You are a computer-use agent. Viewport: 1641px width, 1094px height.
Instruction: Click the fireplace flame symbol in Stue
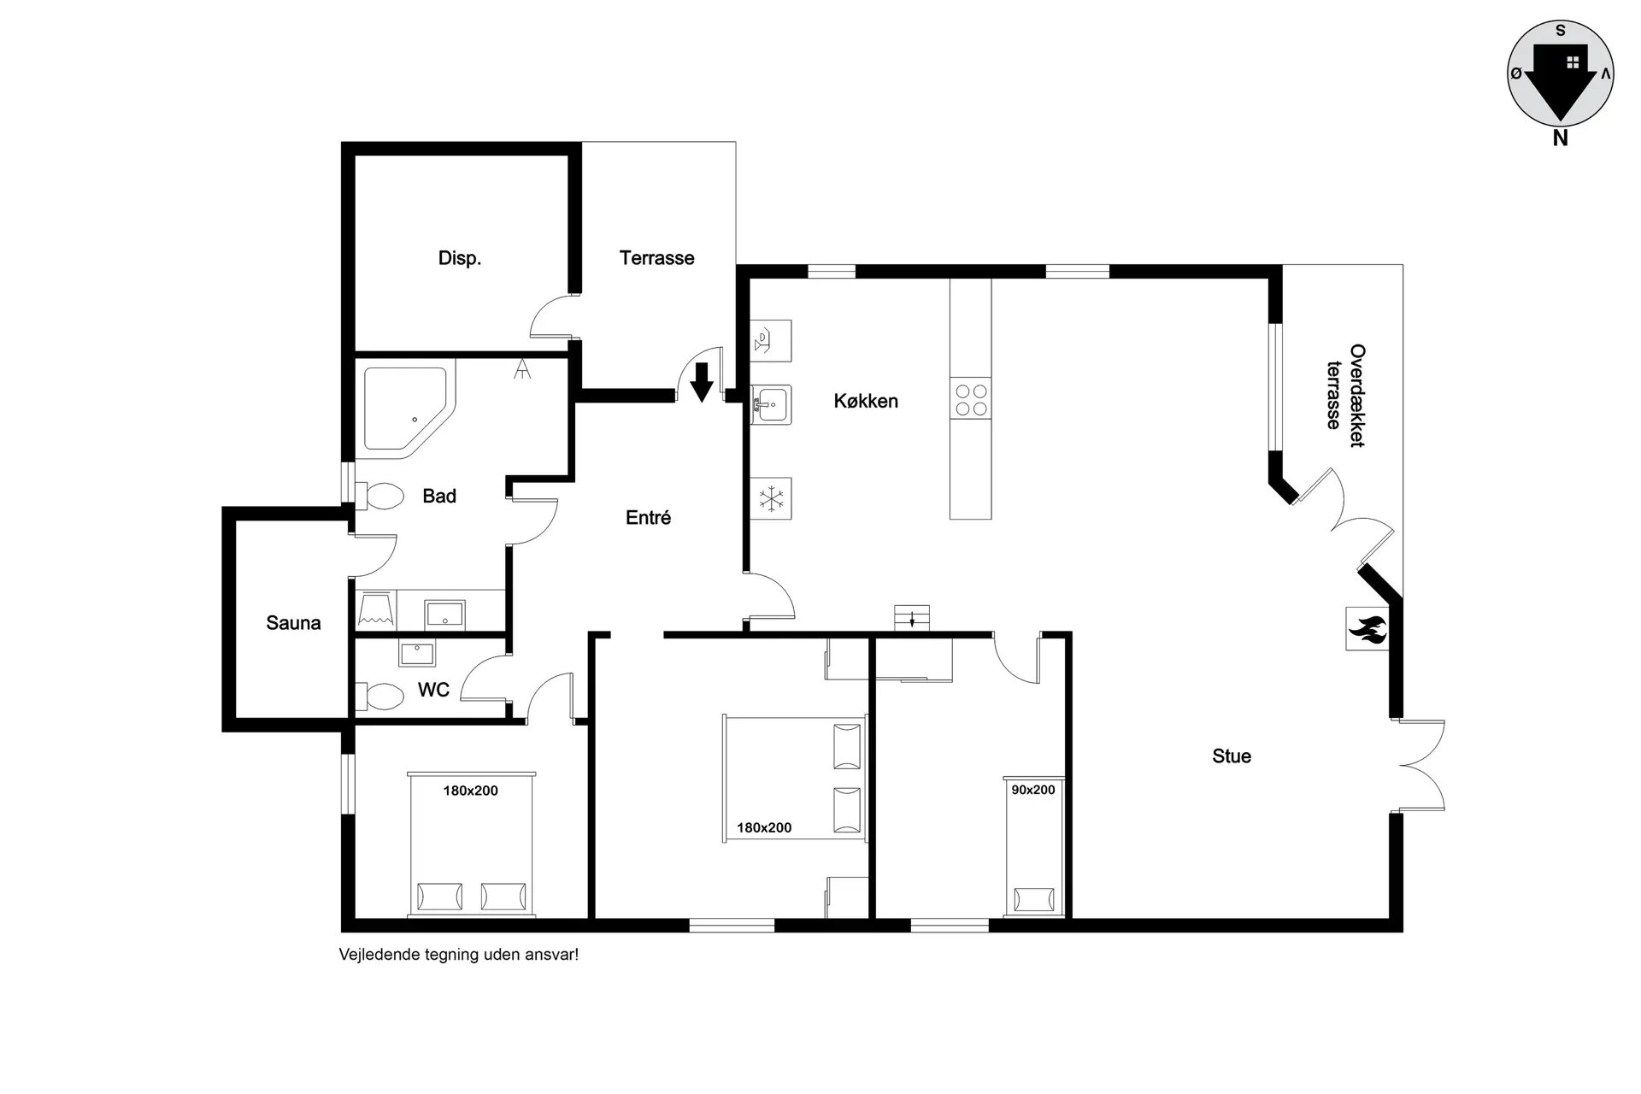pos(1367,629)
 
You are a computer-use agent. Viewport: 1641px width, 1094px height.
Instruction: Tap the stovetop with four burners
pos(971,398)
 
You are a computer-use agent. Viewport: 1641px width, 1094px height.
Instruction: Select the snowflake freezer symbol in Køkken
pos(771,498)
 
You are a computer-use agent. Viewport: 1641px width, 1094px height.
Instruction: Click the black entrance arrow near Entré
pos(702,382)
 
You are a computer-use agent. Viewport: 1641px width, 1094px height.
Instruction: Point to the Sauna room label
pos(293,623)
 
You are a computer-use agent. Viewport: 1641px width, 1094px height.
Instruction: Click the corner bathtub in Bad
pos(407,409)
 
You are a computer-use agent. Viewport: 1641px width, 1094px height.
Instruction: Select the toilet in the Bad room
pos(379,496)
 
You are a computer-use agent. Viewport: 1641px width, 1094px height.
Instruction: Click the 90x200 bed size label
pos(1033,790)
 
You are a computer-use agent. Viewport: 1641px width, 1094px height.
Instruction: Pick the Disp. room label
pos(460,258)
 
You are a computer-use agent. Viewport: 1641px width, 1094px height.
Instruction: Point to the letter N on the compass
pos(1560,138)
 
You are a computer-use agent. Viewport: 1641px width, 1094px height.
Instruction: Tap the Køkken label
pos(866,401)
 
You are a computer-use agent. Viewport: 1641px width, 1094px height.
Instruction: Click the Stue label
pos(1232,756)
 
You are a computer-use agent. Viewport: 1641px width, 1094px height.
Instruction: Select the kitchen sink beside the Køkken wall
pos(771,403)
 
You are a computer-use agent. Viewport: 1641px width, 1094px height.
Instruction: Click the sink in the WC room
pos(417,654)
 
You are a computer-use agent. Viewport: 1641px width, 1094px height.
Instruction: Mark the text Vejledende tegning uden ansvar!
pos(459,955)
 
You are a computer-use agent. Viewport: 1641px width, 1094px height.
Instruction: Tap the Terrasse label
pos(656,258)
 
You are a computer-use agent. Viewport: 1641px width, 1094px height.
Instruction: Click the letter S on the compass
pos(1561,31)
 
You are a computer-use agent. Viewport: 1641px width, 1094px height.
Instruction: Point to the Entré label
pos(648,517)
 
